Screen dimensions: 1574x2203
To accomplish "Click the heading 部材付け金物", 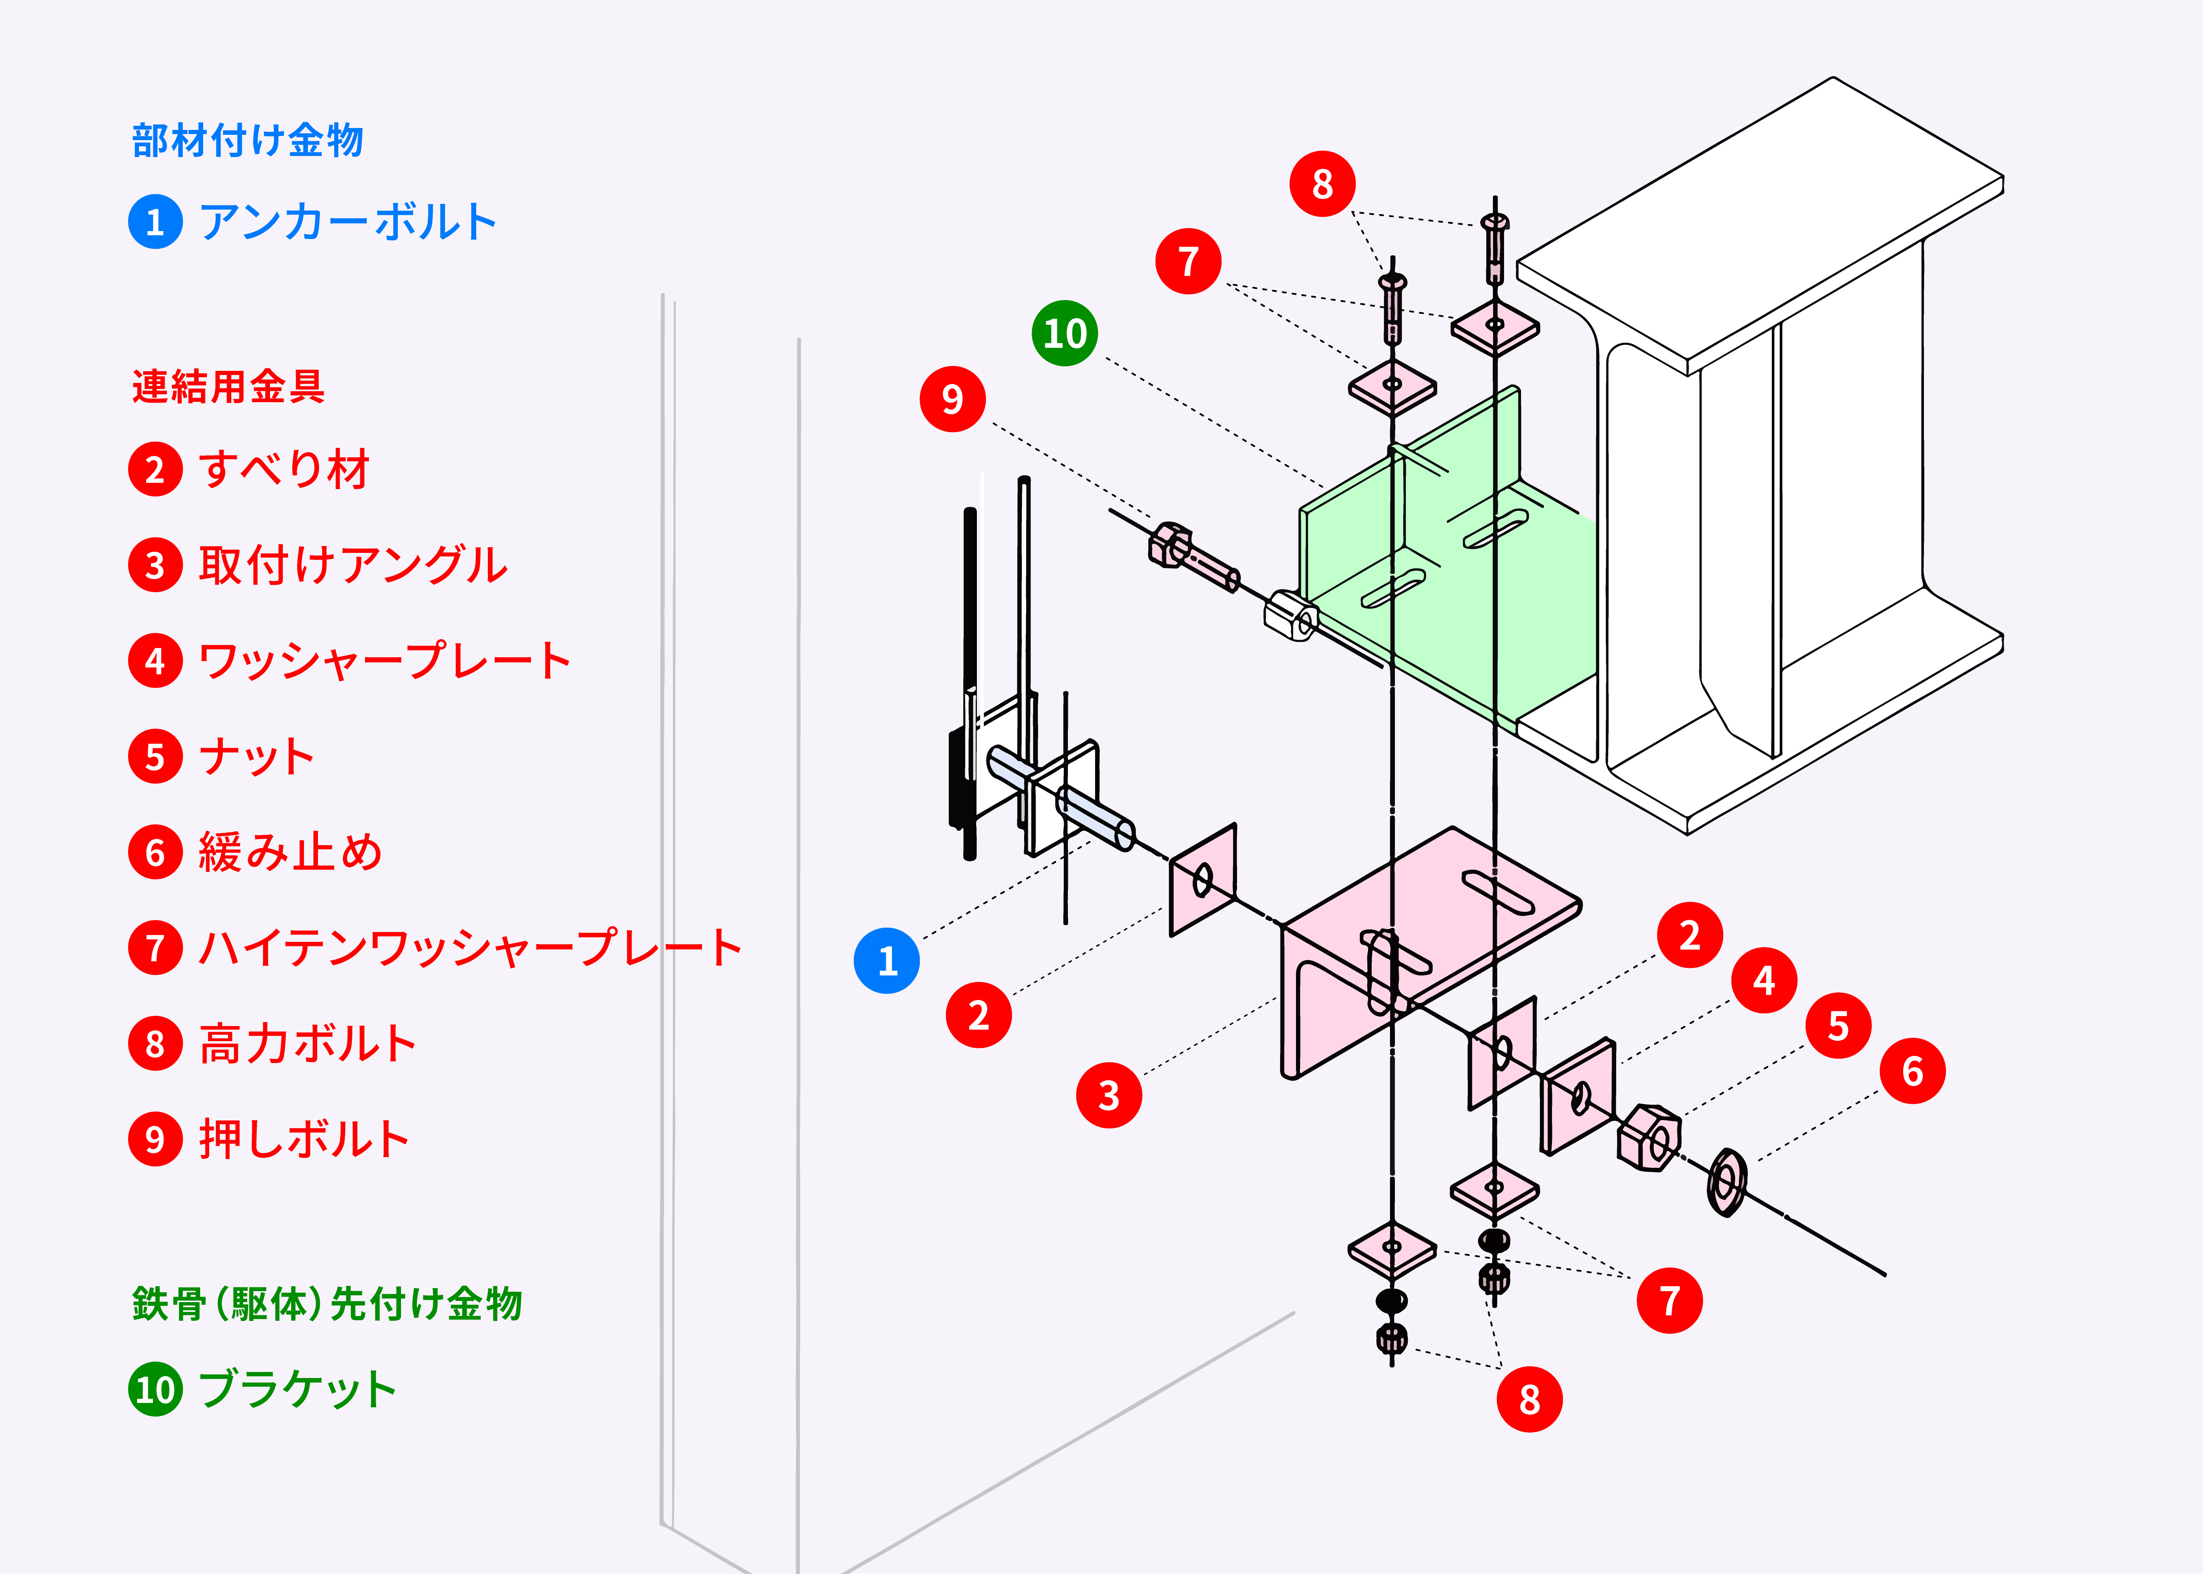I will [x=247, y=140].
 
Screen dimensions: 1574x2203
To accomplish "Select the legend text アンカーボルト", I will [x=347, y=222].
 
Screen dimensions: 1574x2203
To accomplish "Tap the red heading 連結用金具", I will [x=228, y=387].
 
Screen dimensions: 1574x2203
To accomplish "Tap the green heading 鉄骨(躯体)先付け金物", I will [x=327, y=1304].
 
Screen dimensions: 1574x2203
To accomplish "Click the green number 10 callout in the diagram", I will [x=1064, y=333].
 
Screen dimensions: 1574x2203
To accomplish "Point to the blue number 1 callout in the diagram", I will [x=886, y=960].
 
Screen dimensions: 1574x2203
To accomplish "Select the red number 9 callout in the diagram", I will [x=952, y=398].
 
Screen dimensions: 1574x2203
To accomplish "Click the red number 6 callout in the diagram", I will [x=1911, y=1071].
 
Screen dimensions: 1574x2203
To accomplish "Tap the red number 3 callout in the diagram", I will [x=1109, y=1095].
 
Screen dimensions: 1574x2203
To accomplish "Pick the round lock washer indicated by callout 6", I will [x=1726, y=1182].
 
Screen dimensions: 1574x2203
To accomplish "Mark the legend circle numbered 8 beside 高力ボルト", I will [x=155, y=1044].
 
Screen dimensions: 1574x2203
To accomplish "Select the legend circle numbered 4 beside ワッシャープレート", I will [x=155, y=661].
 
